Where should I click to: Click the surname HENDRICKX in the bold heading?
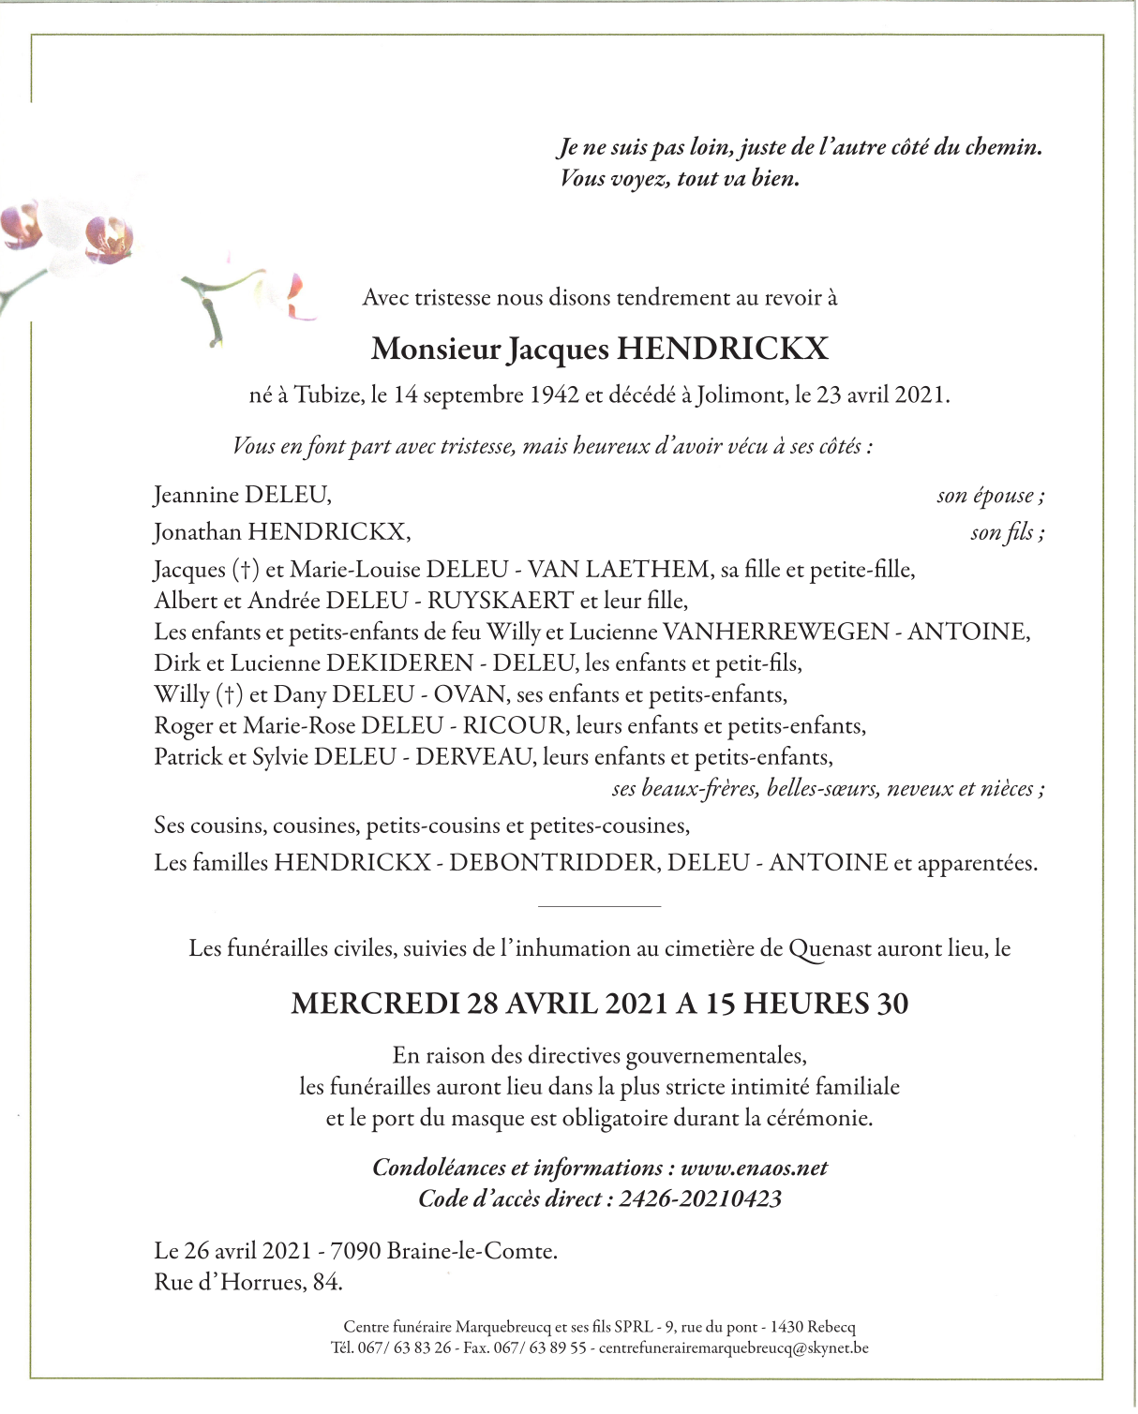723,350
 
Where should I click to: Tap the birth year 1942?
554,395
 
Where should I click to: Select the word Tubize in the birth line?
328,395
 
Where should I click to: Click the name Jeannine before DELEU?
195,495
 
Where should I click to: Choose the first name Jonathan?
198,532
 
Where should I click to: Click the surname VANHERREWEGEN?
775,633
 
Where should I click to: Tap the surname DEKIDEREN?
399,663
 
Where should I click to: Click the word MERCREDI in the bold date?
375,1005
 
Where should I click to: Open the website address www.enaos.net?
754,1168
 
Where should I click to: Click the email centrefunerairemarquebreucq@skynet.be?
733,1348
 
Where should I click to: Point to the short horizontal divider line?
600,906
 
